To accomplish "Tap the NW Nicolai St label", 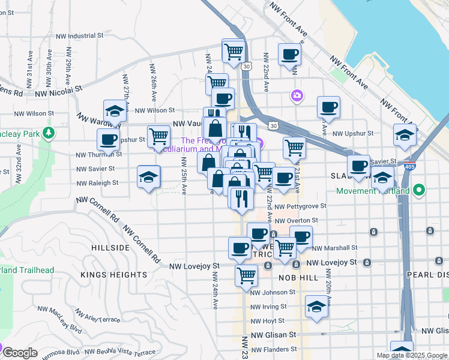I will [x=58, y=92].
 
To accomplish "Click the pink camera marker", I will [x=297, y=95].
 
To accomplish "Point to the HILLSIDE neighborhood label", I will [x=110, y=247].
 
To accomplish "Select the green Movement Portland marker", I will [x=420, y=191].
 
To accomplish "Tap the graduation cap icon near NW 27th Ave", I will [x=115, y=111].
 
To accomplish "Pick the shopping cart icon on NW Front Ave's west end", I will [x=233, y=50].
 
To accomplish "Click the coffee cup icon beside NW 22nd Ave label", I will [x=289, y=54].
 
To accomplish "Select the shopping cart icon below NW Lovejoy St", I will [x=246, y=275].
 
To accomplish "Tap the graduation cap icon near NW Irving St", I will [x=316, y=307].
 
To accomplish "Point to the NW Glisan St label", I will [x=274, y=335].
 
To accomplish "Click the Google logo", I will [x=20, y=353].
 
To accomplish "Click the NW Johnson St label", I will [x=273, y=292].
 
